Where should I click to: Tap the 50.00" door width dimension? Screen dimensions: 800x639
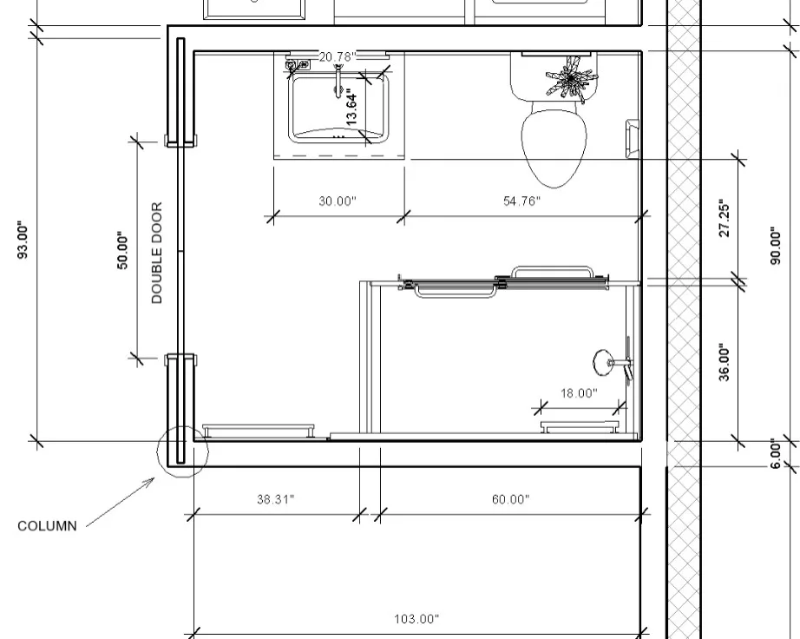(x=123, y=250)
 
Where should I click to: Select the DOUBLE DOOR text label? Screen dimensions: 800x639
(x=157, y=253)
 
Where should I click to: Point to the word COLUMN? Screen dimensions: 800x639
(x=47, y=526)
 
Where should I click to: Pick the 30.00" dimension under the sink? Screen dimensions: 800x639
(x=338, y=201)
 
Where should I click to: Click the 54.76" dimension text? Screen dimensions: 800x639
(x=521, y=201)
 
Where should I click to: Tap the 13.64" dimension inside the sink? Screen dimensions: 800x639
(x=352, y=107)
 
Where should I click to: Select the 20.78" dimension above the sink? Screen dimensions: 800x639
(x=338, y=56)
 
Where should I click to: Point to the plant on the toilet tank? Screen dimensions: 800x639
(x=570, y=78)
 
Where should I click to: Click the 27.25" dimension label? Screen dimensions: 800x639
(x=725, y=219)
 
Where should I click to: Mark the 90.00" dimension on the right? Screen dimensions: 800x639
(x=776, y=246)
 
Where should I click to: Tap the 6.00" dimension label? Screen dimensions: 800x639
(x=776, y=453)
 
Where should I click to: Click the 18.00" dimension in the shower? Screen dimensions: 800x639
(x=579, y=393)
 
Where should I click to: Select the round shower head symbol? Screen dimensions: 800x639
(x=604, y=362)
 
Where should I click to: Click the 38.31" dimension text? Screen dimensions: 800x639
(x=276, y=498)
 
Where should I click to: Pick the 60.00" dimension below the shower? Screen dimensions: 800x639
(x=511, y=498)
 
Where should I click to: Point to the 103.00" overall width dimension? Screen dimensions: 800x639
(x=416, y=619)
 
